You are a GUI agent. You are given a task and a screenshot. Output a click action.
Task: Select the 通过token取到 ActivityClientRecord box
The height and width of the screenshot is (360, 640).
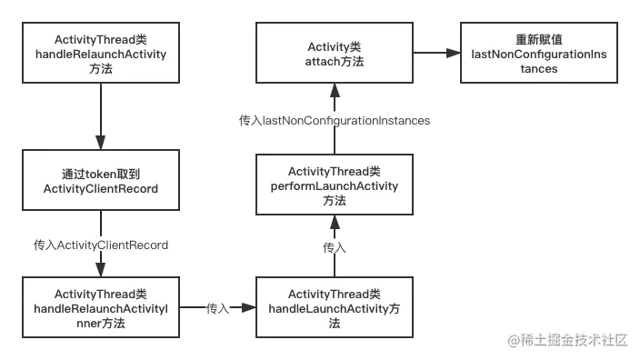tap(100, 181)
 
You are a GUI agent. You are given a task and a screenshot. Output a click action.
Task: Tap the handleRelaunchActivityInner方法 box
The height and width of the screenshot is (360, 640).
tap(100, 308)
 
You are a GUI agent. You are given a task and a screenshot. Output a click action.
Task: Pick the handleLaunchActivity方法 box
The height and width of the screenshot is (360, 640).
tap(334, 308)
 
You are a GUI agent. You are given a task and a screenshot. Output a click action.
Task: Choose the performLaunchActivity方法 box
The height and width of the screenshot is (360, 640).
tap(334, 185)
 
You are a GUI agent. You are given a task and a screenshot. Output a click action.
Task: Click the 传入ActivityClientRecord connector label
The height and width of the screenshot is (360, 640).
tap(100, 245)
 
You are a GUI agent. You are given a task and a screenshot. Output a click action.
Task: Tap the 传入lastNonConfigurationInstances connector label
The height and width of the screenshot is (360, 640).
tap(334, 120)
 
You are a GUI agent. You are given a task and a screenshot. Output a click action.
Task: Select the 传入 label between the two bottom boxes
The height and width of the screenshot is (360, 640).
tap(217, 308)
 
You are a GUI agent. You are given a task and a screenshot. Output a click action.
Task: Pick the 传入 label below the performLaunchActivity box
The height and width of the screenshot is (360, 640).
tap(334, 246)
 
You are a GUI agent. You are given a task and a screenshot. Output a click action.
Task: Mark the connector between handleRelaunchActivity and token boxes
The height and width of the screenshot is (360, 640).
tap(100, 117)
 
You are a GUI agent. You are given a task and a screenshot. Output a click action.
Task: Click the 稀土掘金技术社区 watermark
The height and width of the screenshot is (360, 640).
tap(568, 340)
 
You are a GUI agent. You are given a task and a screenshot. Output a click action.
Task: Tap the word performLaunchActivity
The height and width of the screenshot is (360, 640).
tap(334, 185)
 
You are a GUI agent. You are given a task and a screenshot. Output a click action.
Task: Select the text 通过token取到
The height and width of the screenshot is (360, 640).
tap(100, 174)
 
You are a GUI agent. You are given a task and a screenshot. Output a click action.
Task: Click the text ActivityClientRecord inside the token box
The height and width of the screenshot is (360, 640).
tap(100, 188)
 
